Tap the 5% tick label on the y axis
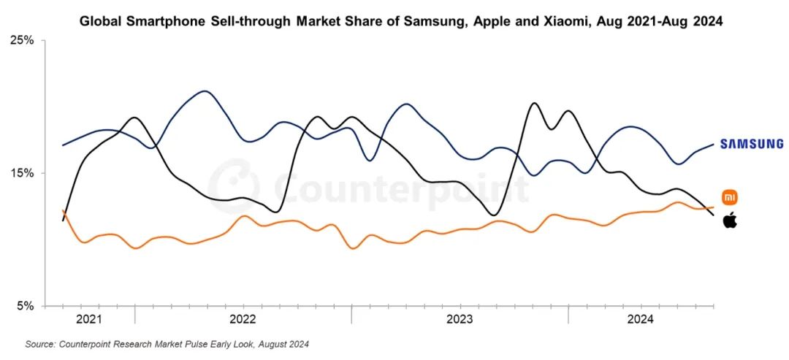point(26,306)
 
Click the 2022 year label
point(243,319)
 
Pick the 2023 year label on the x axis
point(459,319)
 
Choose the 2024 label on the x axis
point(641,319)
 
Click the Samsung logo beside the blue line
point(752,144)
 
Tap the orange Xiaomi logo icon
point(730,197)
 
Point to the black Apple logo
point(730,220)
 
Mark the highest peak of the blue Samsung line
point(205,91)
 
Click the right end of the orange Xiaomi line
point(714,207)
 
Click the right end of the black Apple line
point(714,214)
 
